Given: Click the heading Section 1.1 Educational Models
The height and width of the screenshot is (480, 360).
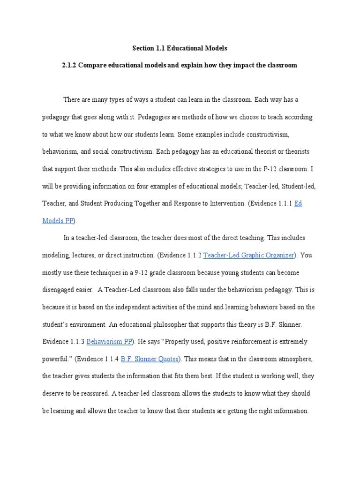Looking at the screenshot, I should [180, 48].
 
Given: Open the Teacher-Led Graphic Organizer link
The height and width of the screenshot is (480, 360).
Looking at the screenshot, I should [248, 255].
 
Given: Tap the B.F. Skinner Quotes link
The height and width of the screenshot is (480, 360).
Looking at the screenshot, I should [150, 359].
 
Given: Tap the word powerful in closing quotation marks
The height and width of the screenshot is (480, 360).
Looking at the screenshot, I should [55, 359].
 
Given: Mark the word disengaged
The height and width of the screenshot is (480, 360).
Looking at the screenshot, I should [62, 290].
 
